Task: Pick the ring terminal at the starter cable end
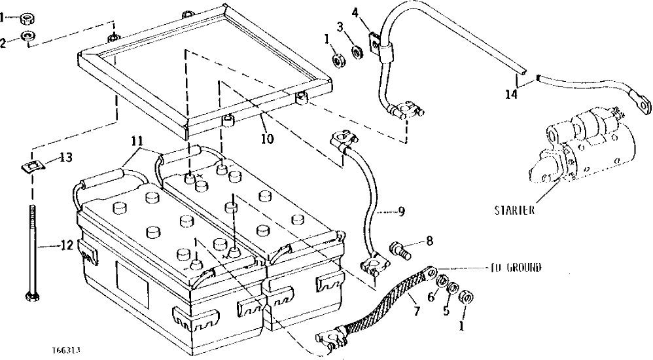coord(644,103)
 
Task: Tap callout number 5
coord(447,312)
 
